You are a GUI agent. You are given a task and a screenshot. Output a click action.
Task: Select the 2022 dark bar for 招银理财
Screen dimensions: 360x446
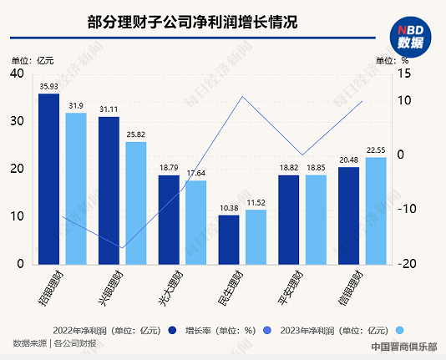[49, 179]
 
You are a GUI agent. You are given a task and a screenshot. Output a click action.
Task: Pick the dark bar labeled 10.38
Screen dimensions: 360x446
[229, 240]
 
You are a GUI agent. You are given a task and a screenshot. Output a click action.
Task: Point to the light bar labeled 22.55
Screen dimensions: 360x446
[376, 210]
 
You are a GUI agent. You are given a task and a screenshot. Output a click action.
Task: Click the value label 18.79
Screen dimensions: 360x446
[169, 168]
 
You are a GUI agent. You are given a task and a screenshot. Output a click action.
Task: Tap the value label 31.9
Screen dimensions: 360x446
[76, 105]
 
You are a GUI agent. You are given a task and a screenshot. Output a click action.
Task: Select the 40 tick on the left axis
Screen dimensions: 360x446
[16, 74]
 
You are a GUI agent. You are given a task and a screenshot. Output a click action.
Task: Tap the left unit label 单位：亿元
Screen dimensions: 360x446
[33, 59]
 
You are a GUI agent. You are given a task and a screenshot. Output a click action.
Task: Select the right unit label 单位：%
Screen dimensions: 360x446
[393, 59]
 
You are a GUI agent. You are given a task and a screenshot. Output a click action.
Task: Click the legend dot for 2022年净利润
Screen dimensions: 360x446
[171, 328]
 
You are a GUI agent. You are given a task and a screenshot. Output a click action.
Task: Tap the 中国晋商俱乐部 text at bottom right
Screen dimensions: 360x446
[403, 344]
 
